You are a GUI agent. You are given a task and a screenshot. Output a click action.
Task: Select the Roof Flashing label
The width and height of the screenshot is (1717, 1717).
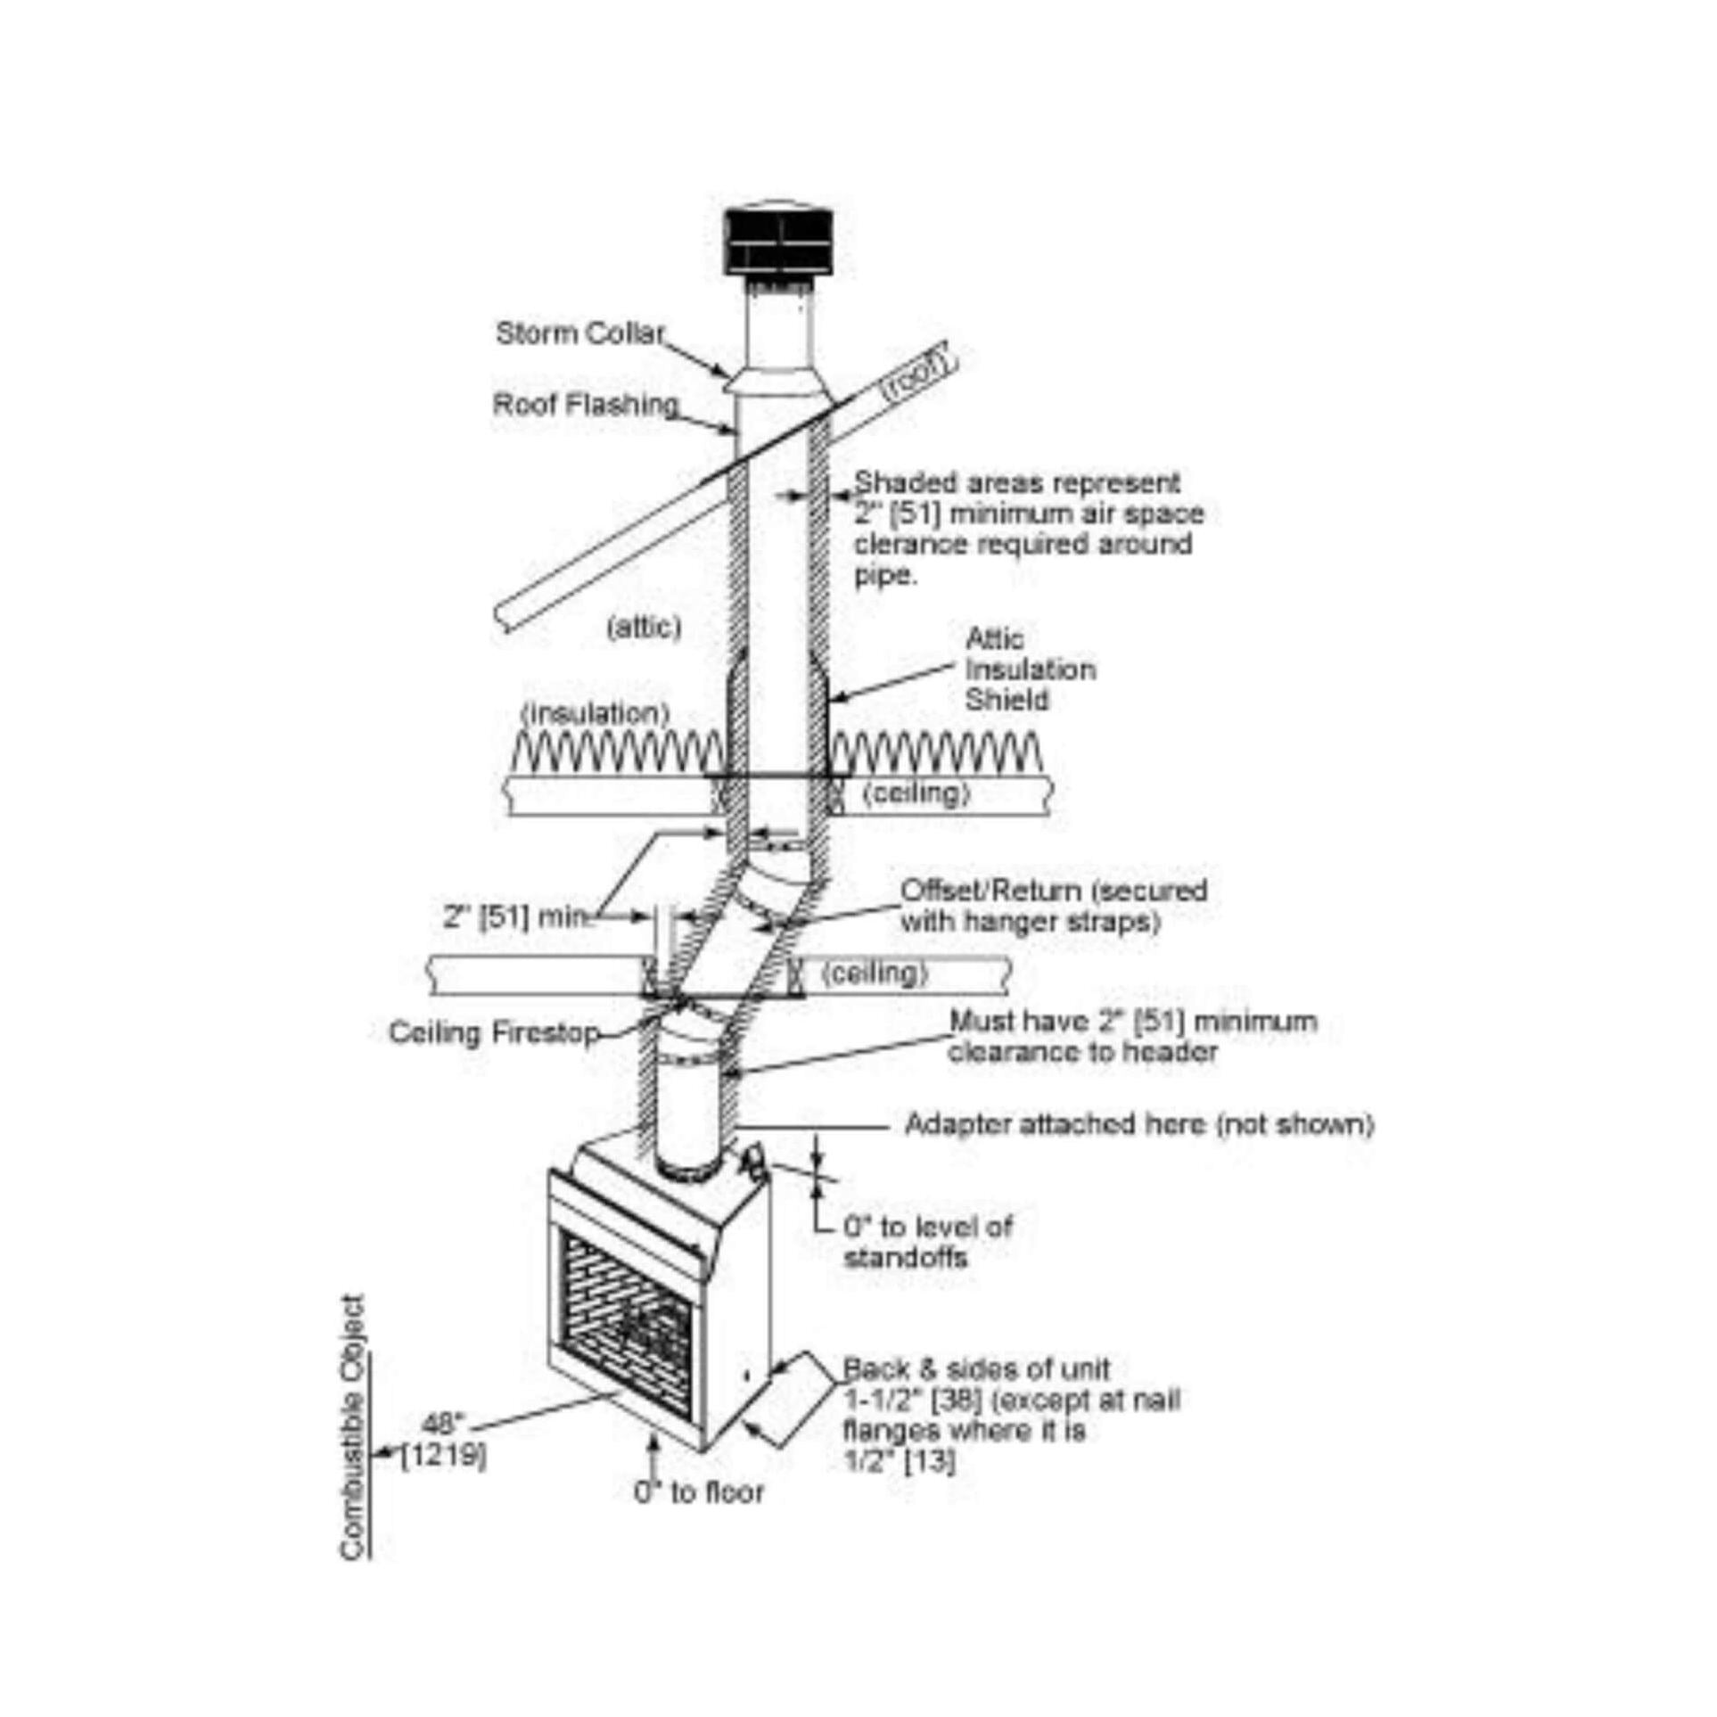tap(586, 405)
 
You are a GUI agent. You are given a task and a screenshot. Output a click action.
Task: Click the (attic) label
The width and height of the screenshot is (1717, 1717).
tap(644, 628)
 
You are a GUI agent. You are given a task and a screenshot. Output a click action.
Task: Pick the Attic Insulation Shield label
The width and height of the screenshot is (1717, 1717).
tap(1031, 669)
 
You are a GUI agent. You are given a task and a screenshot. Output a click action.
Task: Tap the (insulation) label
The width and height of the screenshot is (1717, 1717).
tap(596, 713)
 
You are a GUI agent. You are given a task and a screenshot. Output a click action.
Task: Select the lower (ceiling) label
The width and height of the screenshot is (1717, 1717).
tap(875, 972)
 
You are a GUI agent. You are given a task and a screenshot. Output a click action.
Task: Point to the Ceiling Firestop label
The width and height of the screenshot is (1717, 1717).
tap(494, 1032)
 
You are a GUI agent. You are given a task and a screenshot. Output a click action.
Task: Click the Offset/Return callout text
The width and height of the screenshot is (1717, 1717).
tap(1054, 905)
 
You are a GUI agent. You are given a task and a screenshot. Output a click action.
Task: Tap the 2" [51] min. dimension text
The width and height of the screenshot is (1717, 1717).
tap(518, 916)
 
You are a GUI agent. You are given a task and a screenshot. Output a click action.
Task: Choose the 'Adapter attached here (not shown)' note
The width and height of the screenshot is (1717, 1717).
tap(1139, 1124)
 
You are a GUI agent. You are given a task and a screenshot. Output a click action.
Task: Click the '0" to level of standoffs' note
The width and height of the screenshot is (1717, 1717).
tap(928, 1243)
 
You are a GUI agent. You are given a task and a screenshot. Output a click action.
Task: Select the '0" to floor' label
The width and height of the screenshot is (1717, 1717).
tap(699, 1492)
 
